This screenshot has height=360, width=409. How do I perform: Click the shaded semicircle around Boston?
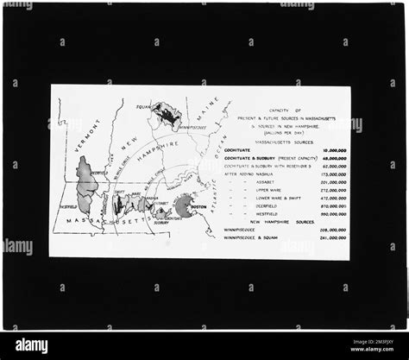coord(182,205)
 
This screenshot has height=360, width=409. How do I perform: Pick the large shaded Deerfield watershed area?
coord(85,184)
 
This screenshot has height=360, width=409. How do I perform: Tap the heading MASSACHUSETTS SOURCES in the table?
coord(283,142)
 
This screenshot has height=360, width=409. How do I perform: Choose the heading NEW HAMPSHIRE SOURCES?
coord(283,222)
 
